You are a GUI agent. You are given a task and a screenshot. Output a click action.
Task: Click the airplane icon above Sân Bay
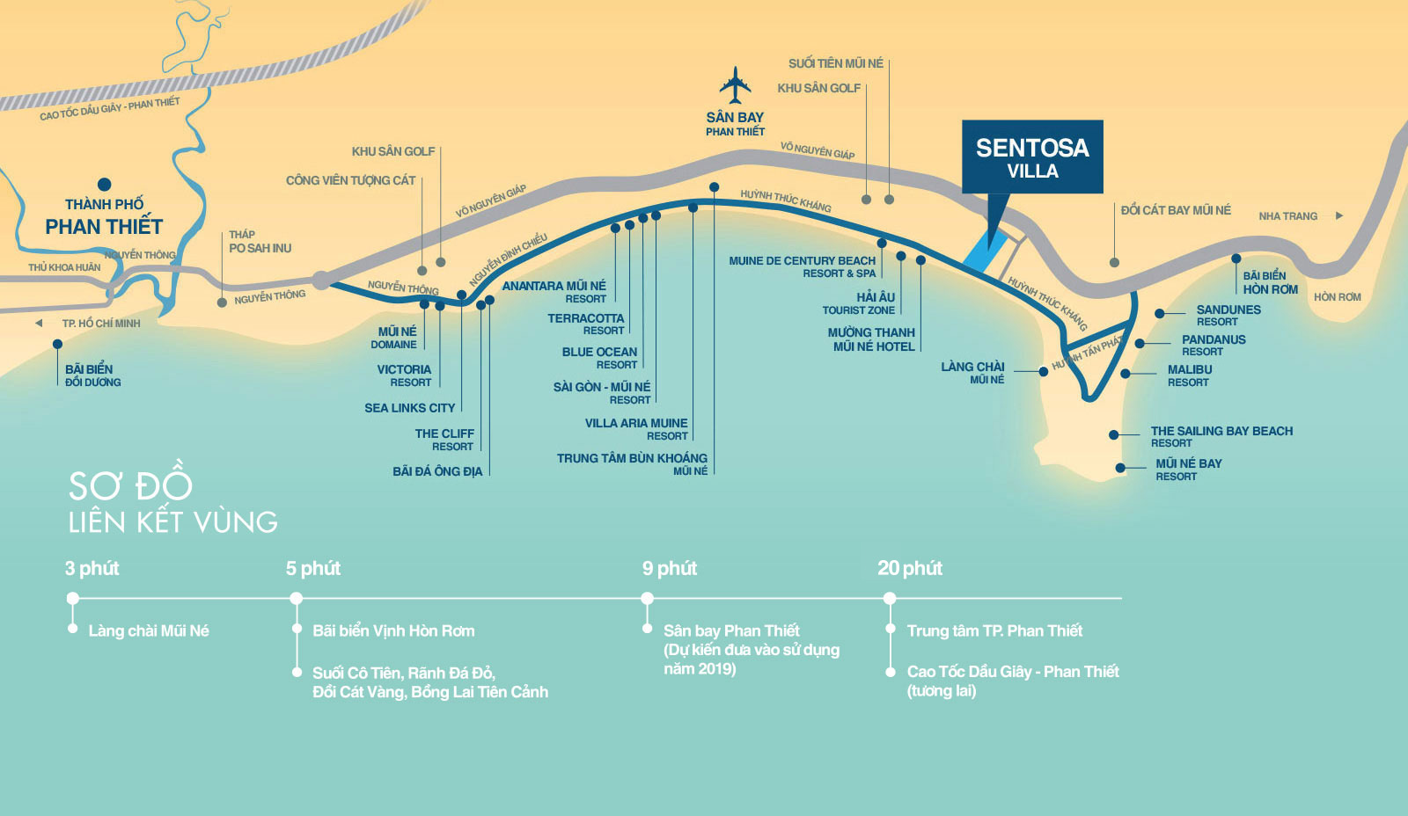click(735, 85)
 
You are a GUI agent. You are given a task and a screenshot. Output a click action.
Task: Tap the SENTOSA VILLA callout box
click(1032, 157)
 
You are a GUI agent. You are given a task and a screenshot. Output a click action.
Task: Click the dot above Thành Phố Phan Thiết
click(104, 185)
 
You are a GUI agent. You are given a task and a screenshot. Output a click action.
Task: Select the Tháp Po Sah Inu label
click(260, 242)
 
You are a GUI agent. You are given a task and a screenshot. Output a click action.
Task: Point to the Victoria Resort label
click(404, 375)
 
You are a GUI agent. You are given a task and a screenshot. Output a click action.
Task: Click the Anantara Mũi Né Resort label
click(554, 292)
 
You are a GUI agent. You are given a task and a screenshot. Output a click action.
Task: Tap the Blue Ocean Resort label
click(599, 357)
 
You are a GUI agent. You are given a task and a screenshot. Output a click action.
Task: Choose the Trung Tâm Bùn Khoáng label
click(632, 463)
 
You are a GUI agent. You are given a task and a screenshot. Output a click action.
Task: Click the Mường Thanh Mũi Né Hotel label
click(871, 339)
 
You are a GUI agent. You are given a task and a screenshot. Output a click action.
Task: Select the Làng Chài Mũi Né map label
click(972, 372)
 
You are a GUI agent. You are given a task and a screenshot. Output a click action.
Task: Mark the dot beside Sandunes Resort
click(1160, 313)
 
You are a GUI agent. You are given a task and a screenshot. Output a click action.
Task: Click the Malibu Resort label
click(1189, 375)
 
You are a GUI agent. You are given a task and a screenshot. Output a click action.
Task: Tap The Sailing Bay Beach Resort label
click(1221, 436)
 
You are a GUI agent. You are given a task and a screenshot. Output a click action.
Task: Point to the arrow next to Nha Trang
click(1339, 215)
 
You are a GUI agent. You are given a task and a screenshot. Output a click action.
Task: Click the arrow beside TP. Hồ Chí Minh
click(39, 324)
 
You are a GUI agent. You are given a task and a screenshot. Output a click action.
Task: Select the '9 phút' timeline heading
click(669, 569)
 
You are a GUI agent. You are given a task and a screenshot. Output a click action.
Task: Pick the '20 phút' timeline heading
click(909, 569)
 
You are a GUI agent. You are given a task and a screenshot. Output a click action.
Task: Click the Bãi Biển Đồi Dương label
click(92, 375)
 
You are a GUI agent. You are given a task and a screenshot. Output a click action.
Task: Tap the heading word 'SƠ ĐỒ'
click(130, 485)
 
